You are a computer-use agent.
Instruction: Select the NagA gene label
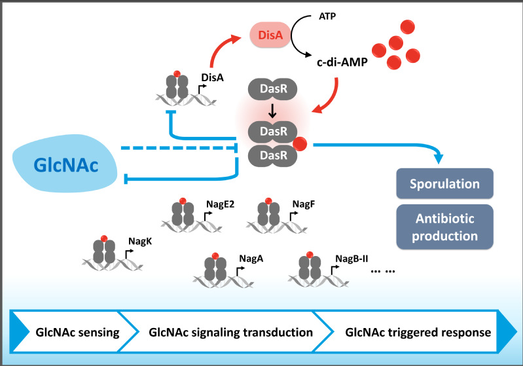pos(251,259)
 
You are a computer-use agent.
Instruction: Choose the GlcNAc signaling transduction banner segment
pos(230,332)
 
